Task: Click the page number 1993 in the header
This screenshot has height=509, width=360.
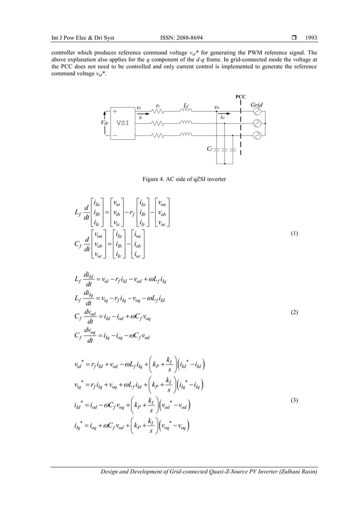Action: (311, 38)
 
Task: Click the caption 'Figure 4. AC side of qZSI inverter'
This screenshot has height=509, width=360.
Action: (180, 179)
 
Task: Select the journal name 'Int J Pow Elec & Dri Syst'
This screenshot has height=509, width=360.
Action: (83, 38)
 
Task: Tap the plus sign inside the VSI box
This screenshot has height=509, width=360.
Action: (115, 112)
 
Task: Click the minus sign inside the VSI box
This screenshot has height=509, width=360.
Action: (115, 135)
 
